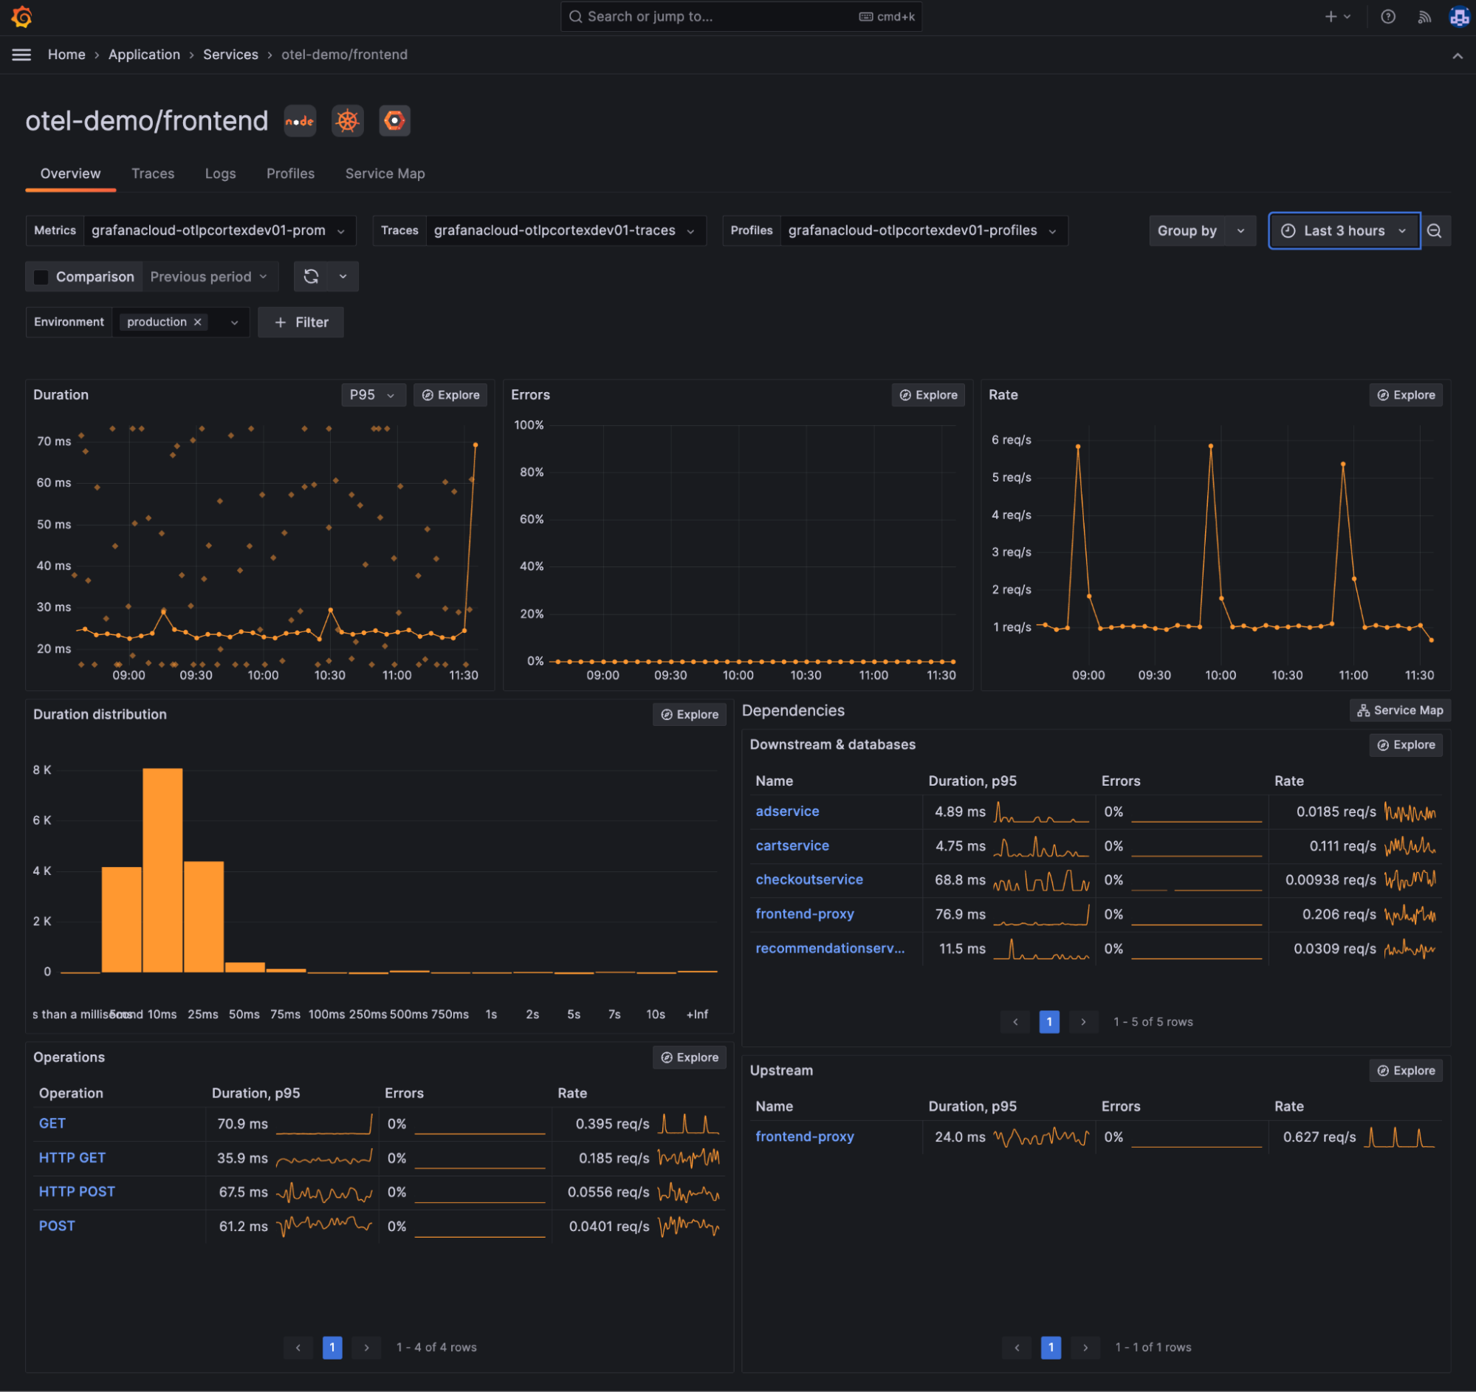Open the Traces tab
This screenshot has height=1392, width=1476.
point(152,174)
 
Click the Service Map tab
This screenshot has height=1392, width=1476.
point(385,174)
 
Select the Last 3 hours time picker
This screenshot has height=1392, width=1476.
point(1343,231)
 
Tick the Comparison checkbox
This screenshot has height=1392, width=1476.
point(41,277)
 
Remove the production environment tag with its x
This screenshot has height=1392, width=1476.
point(197,322)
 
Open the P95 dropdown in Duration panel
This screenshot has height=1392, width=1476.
point(372,395)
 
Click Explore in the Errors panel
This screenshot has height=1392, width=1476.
point(927,395)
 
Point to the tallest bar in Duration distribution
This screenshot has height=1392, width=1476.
point(162,869)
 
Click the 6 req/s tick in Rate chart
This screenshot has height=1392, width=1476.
point(1012,440)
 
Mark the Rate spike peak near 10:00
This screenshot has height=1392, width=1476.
point(1211,446)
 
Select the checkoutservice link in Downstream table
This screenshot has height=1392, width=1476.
point(809,880)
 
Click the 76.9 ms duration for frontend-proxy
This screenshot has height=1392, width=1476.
point(960,915)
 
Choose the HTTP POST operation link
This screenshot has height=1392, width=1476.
point(77,1192)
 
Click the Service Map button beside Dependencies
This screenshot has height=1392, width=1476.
point(1399,710)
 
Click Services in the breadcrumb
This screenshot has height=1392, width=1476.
point(230,55)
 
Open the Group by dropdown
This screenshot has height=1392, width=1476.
point(1201,231)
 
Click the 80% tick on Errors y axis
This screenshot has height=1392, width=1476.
point(531,472)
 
